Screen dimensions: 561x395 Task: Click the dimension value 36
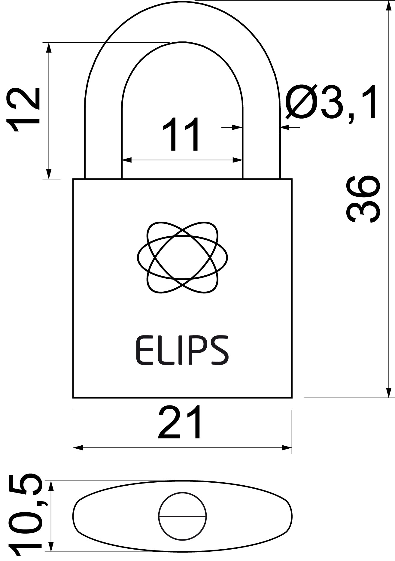click(x=363, y=199)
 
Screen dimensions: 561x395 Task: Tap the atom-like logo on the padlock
click(x=182, y=257)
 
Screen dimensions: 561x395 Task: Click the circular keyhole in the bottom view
click(x=182, y=517)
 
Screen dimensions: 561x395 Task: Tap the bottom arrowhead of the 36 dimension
click(x=388, y=392)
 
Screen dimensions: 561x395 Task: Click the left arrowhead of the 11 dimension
click(x=127, y=160)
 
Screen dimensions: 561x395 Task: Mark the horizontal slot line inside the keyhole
click(x=182, y=517)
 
